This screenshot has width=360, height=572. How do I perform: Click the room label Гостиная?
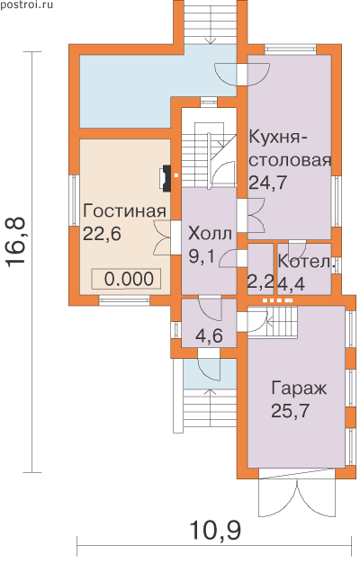(124, 211)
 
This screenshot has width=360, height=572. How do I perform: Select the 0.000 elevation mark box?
(126, 280)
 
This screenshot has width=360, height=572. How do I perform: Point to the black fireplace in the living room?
(166, 178)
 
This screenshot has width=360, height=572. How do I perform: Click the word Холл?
(210, 234)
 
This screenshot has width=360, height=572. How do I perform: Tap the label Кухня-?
(278, 138)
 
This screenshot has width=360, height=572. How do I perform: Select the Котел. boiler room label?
(307, 261)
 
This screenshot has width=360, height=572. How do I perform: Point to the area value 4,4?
(291, 283)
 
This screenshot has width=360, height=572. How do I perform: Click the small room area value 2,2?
(261, 282)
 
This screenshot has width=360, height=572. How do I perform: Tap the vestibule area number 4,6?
(209, 335)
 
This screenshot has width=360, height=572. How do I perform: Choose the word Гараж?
(299, 389)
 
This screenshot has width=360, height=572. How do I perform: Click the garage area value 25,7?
(291, 411)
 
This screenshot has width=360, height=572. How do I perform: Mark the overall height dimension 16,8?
(15, 241)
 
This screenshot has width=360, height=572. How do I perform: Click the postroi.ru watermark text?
(27, 5)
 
